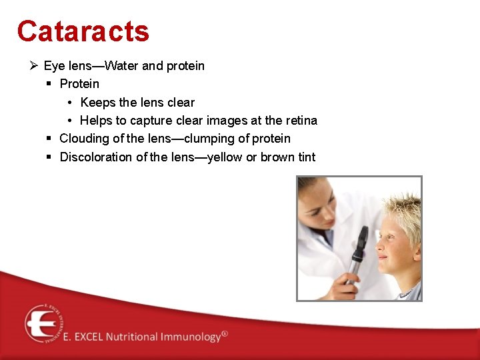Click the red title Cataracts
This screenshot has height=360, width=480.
tap(83, 31)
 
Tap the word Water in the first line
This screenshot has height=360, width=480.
tap(122, 65)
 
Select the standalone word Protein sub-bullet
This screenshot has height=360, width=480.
tap(79, 84)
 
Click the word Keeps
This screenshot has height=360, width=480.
tap(97, 103)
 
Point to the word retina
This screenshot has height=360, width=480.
tap(301, 121)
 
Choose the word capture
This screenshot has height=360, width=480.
tap(151, 121)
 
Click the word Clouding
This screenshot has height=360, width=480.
tap(84, 139)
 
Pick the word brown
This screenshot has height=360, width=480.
tap(277, 157)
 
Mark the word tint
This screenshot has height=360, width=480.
tap(306, 157)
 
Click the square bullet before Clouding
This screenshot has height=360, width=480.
tap(50, 139)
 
